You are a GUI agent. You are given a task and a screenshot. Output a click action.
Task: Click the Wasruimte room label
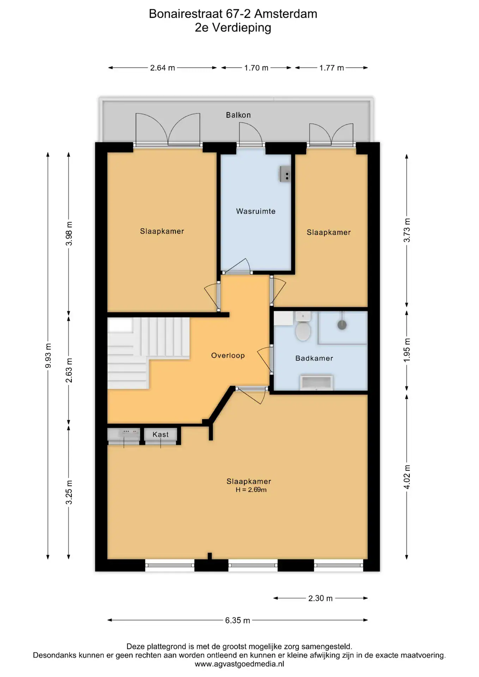pyautogui.click(x=256, y=212)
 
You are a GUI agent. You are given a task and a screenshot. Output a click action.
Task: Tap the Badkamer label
pyautogui.click(x=314, y=358)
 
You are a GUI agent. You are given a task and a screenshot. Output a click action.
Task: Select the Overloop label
pyautogui.click(x=228, y=355)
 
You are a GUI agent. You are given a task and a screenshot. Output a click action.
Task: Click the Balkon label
pyautogui.click(x=238, y=115)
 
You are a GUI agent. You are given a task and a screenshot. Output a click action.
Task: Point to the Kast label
pyautogui.click(x=160, y=434)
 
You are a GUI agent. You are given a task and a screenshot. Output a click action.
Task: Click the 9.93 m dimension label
pyautogui.click(x=48, y=355)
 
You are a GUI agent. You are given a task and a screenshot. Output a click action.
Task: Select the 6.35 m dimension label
pyautogui.click(x=238, y=620)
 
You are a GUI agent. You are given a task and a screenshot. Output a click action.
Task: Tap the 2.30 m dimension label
pyautogui.click(x=320, y=598)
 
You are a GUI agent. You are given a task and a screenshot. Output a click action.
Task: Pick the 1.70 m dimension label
pyautogui.click(x=256, y=68)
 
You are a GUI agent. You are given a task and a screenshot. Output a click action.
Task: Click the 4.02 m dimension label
pyautogui.click(x=407, y=477)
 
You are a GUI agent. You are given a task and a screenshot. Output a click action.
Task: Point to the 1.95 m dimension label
pyautogui.click(x=407, y=350)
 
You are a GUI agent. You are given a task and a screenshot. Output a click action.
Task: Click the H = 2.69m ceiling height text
pyautogui.click(x=251, y=490)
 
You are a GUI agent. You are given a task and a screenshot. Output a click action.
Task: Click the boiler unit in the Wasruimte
pyautogui.click(x=285, y=173)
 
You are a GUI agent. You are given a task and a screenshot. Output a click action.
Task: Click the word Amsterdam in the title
pyautogui.click(x=286, y=14)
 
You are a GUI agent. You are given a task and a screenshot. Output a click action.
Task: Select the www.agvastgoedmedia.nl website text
pyautogui.click(x=240, y=664)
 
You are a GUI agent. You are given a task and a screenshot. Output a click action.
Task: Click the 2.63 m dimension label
pyautogui.click(x=69, y=370)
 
